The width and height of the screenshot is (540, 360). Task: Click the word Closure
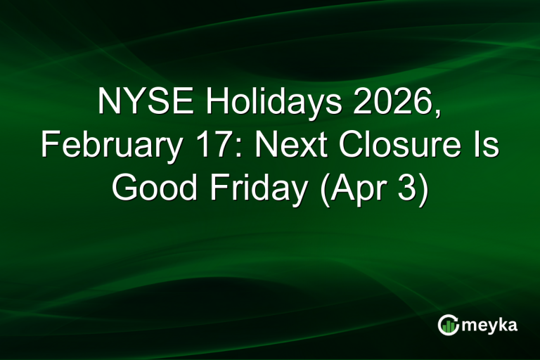point(392,146)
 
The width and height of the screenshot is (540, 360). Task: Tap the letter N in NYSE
point(109,103)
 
